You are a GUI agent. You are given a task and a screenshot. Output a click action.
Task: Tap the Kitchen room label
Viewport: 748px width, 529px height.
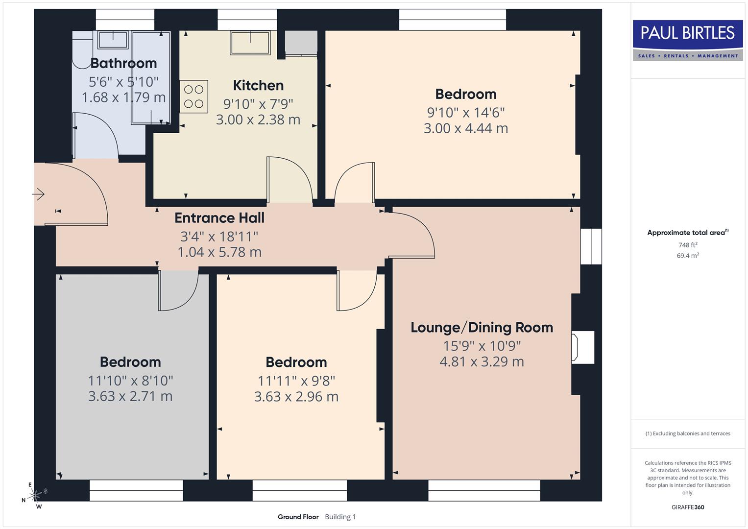click(258, 85)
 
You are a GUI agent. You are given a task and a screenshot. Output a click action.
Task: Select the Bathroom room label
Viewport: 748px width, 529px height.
click(123, 63)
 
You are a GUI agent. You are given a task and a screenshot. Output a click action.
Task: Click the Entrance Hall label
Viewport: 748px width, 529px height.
click(219, 218)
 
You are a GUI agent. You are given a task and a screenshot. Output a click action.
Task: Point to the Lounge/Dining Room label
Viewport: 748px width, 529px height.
click(482, 327)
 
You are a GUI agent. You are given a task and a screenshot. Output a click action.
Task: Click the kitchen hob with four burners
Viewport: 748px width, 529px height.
click(193, 96)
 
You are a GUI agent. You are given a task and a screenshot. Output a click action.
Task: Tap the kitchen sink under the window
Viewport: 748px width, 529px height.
click(250, 43)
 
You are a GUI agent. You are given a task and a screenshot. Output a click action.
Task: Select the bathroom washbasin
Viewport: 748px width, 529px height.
click(113, 39)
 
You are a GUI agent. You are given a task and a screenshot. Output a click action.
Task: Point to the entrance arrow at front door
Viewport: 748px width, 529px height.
click(39, 194)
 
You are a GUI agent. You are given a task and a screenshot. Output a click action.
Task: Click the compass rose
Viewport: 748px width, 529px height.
click(34, 496)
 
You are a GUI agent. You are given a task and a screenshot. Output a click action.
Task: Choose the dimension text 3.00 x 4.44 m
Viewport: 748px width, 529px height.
click(465, 128)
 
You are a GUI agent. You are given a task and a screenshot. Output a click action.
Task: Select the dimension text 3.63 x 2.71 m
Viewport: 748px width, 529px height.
click(130, 396)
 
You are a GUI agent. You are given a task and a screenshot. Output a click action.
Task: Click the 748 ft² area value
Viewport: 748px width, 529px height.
click(688, 245)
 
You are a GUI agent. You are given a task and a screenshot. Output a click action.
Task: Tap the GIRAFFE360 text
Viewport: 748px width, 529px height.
click(688, 507)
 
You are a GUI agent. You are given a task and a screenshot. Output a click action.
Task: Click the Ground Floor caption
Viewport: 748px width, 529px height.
click(298, 517)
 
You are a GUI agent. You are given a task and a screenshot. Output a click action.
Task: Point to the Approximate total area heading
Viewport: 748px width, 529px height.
click(687, 233)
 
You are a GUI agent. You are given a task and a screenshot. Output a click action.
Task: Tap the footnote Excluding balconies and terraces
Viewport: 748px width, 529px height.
click(688, 433)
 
